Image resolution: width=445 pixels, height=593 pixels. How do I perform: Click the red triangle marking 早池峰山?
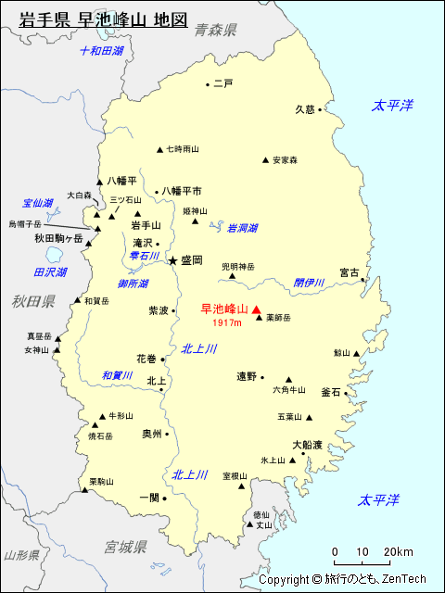[257, 309]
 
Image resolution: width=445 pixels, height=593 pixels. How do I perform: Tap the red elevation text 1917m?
[226, 323]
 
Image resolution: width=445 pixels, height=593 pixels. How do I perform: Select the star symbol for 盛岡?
[172, 261]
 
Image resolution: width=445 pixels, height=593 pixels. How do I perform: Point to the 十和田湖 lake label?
[101, 51]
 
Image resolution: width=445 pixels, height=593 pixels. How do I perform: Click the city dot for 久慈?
[320, 109]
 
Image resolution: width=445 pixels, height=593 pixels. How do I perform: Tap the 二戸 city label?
[222, 84]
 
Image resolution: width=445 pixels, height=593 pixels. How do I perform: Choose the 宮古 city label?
[349, 272]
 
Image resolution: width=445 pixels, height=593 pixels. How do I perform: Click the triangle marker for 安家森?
[265, 160]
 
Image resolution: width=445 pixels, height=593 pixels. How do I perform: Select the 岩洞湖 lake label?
[242, 228]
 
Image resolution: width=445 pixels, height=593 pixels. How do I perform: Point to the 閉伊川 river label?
[309, 283]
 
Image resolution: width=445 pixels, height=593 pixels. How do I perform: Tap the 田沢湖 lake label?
[50, 272]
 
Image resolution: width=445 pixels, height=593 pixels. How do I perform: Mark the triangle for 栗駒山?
[84, 489]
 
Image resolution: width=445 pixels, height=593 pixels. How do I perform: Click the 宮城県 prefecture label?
[126, 548]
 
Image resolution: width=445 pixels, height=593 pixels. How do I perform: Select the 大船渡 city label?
[307, 445]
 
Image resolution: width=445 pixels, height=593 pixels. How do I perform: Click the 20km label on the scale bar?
[400, 552]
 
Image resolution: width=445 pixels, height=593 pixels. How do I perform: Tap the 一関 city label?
[149, 497]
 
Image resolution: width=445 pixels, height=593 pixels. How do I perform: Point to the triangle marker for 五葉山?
[309, 416]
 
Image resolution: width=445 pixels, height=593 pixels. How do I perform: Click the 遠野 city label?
[247, 376]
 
